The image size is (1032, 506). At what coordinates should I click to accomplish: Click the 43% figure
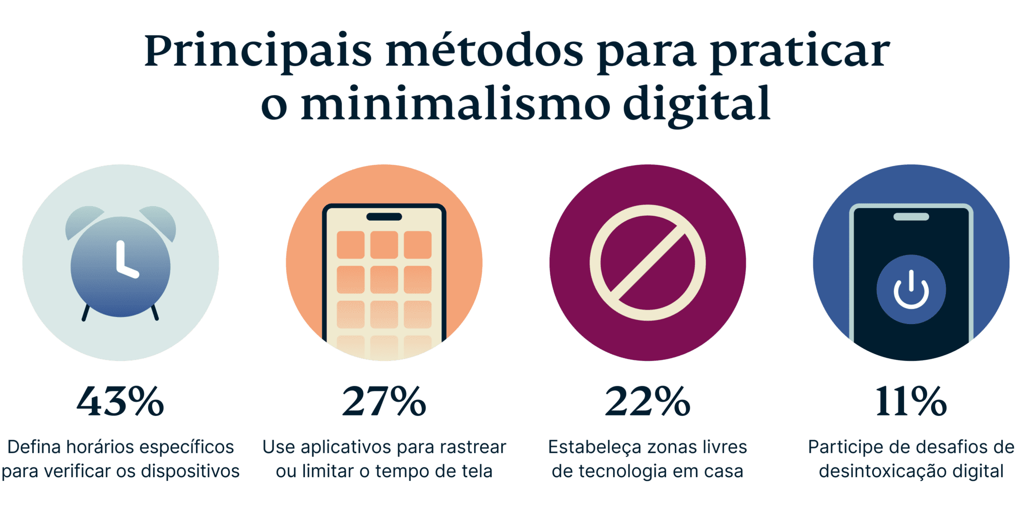120,402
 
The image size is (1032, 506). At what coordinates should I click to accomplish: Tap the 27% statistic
384,402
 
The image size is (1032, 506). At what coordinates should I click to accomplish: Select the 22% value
648,402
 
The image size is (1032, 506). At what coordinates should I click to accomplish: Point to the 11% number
911,402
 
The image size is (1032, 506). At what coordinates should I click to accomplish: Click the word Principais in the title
257,52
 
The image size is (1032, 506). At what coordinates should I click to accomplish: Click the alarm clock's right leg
155,312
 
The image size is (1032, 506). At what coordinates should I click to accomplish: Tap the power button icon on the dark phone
911,290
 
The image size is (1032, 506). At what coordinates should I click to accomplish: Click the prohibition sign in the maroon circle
648,263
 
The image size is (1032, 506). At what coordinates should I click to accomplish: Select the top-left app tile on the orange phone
350,244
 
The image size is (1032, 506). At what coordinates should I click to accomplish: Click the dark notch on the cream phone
384,217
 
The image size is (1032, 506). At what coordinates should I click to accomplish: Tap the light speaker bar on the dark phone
911,217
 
